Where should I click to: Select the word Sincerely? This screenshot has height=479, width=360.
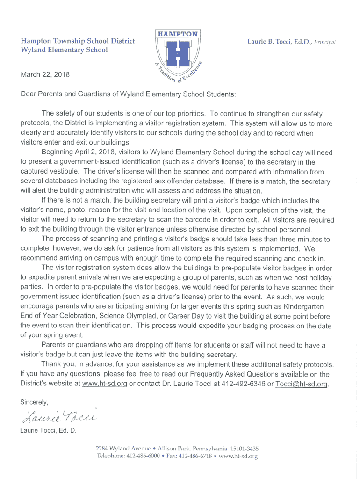[34, 401]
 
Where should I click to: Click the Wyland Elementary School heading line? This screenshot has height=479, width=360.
[64, 50]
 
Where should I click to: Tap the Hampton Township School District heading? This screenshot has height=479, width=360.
[78, 41]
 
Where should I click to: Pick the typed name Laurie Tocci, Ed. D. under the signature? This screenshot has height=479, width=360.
[48, 430]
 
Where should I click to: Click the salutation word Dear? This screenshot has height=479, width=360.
[29, 94]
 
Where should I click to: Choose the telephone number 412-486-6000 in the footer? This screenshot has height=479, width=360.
[144, 456]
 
